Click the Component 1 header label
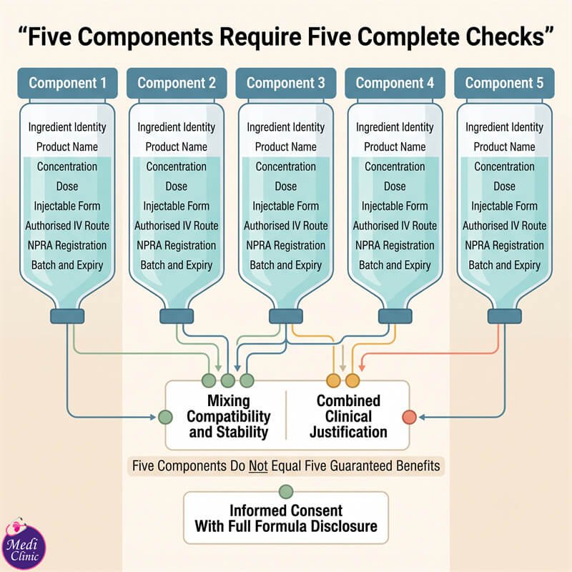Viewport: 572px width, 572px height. pyautogui.click(x=67, y=83)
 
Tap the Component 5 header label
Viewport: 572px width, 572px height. pyautogui.click(x=504, y=83)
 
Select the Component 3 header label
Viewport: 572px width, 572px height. pyautogui.click(x=285, y=83)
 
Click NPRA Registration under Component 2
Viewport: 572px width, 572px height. pyautogui.click(x=176, y=245)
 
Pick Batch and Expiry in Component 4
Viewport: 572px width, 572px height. pyautogui.click(x=395, y=265)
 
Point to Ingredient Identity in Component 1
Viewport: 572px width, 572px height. pyautogui.click(x=67, y=127)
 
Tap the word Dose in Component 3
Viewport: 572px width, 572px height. pyautogui.click(x=285, y=187)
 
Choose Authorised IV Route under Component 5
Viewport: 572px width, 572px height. pyautogui.click(x=505, y=226)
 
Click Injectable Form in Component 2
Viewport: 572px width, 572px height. pyautogui.click(x=176, y=206)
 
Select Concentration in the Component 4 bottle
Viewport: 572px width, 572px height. pyautogui.click(x=395, y=167)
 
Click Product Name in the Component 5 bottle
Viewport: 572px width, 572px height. pyautogui.click(x=504, y=147)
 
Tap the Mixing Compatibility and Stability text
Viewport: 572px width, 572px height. pyautogui.click(x=229, y=416)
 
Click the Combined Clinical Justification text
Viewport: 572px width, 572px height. pyautogui.click(x=348, y=416)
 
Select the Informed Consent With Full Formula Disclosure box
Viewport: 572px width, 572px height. pyautogui.click(x=286, y=518)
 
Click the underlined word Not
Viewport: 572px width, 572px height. pyautogui.click(x=258, y=466)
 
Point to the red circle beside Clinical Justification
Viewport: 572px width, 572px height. pyautogui.click(x=409, y=417)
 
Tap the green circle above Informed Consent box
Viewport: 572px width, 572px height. pyautogui.click(x=286, y=492)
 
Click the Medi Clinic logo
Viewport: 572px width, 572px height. pyautogui.click(x=24, y=543)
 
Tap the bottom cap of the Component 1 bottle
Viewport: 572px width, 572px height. pyautogui.click(x=67, y=316)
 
